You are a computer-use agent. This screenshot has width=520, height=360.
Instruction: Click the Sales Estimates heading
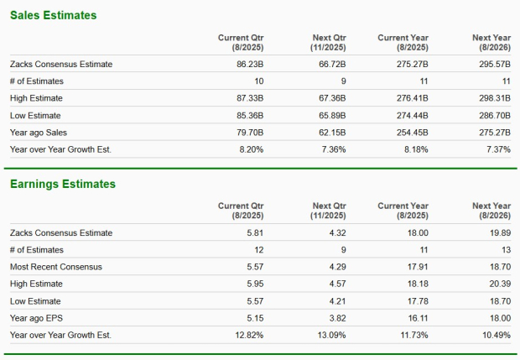(53, 15)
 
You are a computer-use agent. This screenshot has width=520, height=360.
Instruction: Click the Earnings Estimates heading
(62, 184)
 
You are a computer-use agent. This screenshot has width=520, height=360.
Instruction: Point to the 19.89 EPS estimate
(497, 232)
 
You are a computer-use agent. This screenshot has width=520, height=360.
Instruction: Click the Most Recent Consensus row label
(55, 267)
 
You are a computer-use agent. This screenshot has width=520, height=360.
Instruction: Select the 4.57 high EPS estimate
(337, 284)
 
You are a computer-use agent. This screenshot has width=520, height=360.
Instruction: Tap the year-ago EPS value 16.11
(417, 317)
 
